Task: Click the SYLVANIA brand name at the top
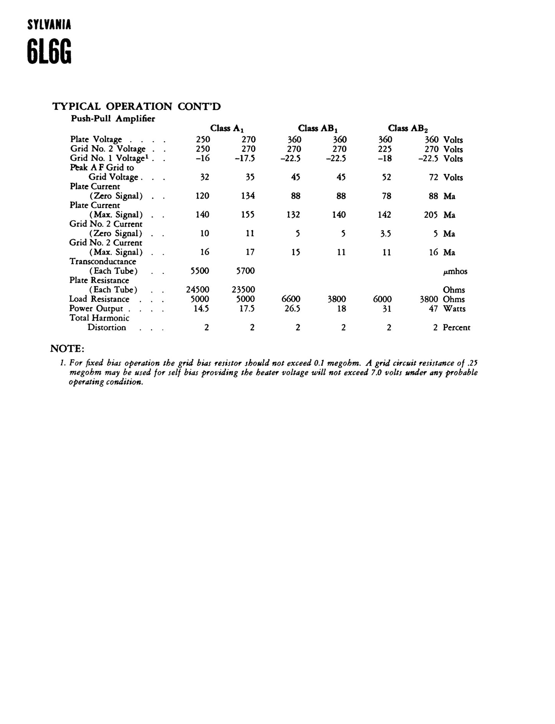pyautogui.click(x=49, y=25)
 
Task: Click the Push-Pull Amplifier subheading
pyautogui.click(x=113, y=119)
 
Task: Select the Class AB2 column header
pyautogui.click(x=408, y=128)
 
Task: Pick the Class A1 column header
pyautogui.click(x=227, y=128)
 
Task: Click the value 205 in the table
pyautogui.click(x=431, y=215)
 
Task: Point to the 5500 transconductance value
pyautogui.click(x=200, y=271)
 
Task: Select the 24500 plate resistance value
pyautogui.click(x=198, y=290)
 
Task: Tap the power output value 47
pyautogui.click(x=433, y=308)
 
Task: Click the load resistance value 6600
pyautogui.click(x=291, y=299)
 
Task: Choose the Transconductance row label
pyautogui.click(x=103, y=262)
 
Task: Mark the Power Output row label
pyautogui.click(x=96, y=308)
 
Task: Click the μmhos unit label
pyautogui.click(x=455, y=272)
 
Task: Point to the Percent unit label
pyautogui.click(x=456, y=328)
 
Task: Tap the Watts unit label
pyautogui.click(x=454, y=308)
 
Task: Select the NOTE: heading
pyautogui.click(x=67, y=349)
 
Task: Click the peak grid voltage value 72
pyautogui.click(x=433, y=177)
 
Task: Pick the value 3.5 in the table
pyautogui.click(x=385, y=234)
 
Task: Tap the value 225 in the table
pyautogui.click(x=385, y=149)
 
